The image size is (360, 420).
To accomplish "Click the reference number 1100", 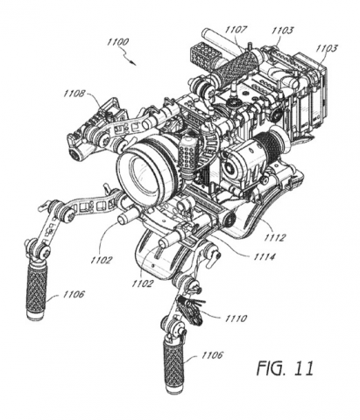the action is point(117,42).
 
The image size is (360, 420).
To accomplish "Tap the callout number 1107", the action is point(236,30).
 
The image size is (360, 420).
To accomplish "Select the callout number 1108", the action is point(74,94).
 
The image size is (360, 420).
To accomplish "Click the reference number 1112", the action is point(274,238).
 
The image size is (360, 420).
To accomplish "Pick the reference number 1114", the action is point(265,257).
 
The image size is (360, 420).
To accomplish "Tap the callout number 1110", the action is point(236,318).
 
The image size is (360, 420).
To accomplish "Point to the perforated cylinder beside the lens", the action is point(187,156).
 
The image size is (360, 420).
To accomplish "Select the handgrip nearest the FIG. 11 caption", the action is point(173,365).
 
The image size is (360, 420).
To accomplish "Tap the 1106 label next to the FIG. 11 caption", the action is point(212,355).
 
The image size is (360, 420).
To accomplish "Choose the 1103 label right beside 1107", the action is point(282,31).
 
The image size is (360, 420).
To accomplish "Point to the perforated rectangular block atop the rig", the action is point(202,52).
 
